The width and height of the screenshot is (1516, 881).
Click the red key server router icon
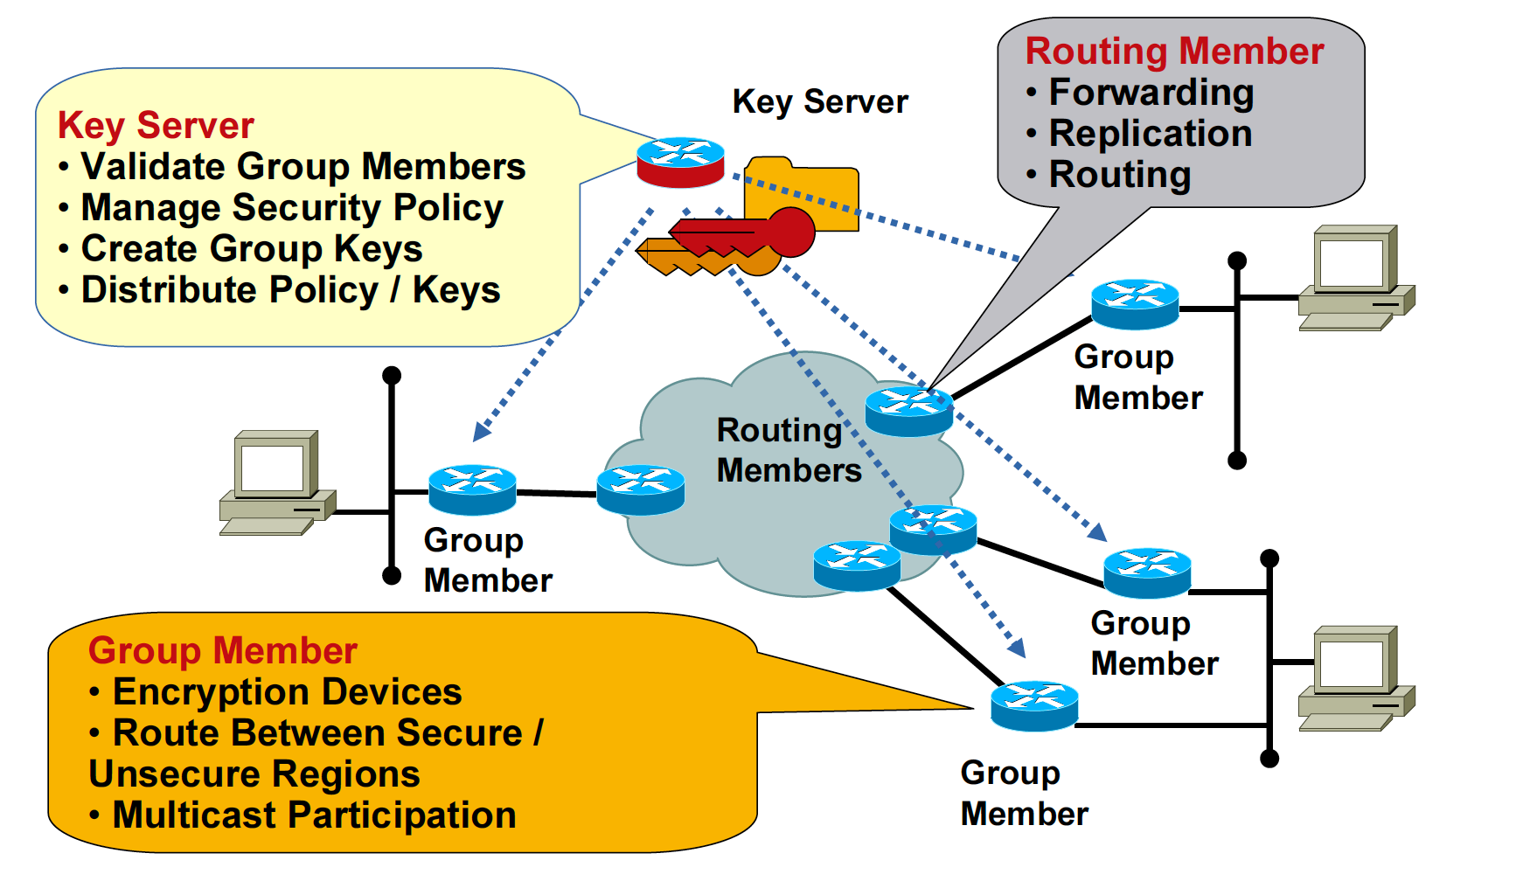680,162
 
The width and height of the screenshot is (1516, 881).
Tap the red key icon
743,234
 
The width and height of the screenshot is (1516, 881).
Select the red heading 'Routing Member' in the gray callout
1174,52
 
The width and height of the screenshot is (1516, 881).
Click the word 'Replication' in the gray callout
1151,134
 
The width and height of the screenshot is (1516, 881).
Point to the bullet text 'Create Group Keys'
252,249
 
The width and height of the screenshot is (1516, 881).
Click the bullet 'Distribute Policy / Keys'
290,290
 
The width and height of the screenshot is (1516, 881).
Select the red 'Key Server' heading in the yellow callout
156,126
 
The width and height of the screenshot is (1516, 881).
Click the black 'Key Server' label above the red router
820,102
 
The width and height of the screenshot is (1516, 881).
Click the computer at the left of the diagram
276,482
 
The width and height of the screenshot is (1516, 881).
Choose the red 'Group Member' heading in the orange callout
223,651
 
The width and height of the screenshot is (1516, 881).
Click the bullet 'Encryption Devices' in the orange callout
287,692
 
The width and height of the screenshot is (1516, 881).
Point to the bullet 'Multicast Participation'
314,815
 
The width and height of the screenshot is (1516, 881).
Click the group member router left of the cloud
472,489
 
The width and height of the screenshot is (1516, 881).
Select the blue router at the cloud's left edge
640,489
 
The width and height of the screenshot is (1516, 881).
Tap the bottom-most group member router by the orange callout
1034,705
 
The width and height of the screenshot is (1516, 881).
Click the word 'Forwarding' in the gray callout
1151,93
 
